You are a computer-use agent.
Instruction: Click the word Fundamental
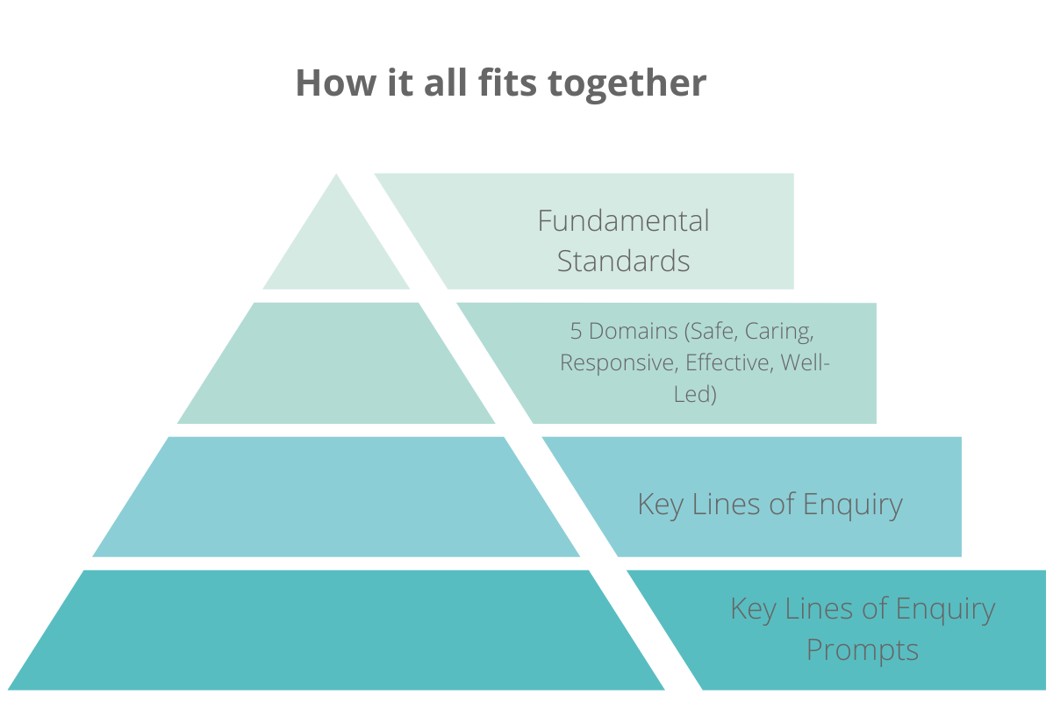click(623, 220)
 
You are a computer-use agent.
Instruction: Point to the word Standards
click(623, 261)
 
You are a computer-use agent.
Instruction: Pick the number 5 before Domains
click(577, 332)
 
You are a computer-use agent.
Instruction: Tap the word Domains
click(634, 332)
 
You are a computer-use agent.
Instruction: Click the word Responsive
click(619, 362)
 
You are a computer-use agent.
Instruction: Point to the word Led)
click(695, 394)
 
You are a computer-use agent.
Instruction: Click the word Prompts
click(863, 650)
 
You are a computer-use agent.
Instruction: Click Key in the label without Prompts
click(660, 505)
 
